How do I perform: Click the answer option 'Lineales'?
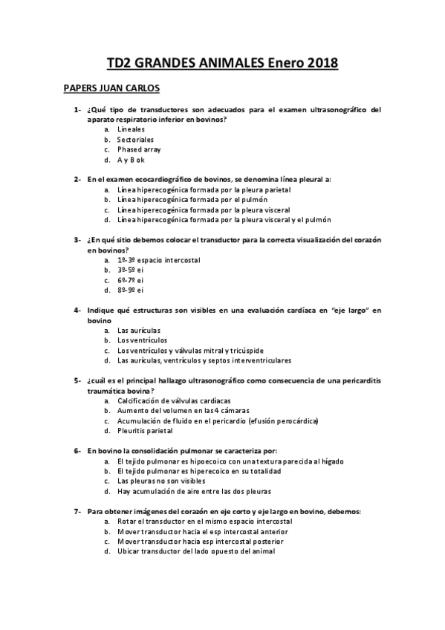pos(131,129)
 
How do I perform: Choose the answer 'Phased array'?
pos(138,149)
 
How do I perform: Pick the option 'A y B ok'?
pos(131,160)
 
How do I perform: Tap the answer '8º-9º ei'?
pos(130,290)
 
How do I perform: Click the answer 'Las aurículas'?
pos(139,331)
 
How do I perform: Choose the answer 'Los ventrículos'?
pos(142,340)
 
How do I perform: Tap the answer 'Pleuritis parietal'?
pos(145,431)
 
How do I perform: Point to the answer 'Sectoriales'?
pos(136,140)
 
